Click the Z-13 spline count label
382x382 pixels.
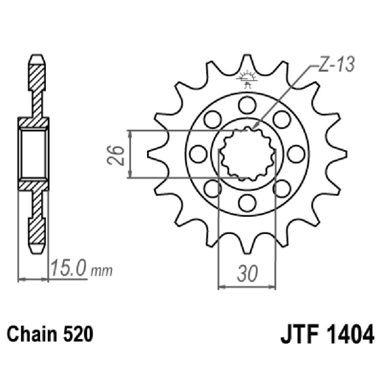[335, 66]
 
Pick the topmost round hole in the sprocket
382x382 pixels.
[247, 103]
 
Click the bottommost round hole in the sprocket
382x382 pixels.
[247, 203]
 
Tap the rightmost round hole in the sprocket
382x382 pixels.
[297, 153]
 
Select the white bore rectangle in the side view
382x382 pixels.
[34, 153]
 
